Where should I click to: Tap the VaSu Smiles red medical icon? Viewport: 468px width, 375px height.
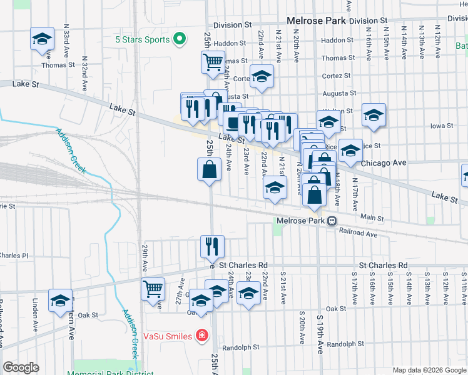coord(201,336)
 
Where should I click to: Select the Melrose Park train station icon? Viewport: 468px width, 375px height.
coord(333,221)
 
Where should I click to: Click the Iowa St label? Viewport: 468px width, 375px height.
coord(441,126)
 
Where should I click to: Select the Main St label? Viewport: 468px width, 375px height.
coord(372,217)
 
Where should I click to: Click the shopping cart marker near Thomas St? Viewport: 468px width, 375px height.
coord(213,62)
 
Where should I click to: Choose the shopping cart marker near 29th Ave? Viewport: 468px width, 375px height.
coord(153,289)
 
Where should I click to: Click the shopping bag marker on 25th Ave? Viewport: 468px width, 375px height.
coord(209,169)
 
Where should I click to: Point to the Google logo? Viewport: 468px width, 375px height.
coord(21,367)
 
